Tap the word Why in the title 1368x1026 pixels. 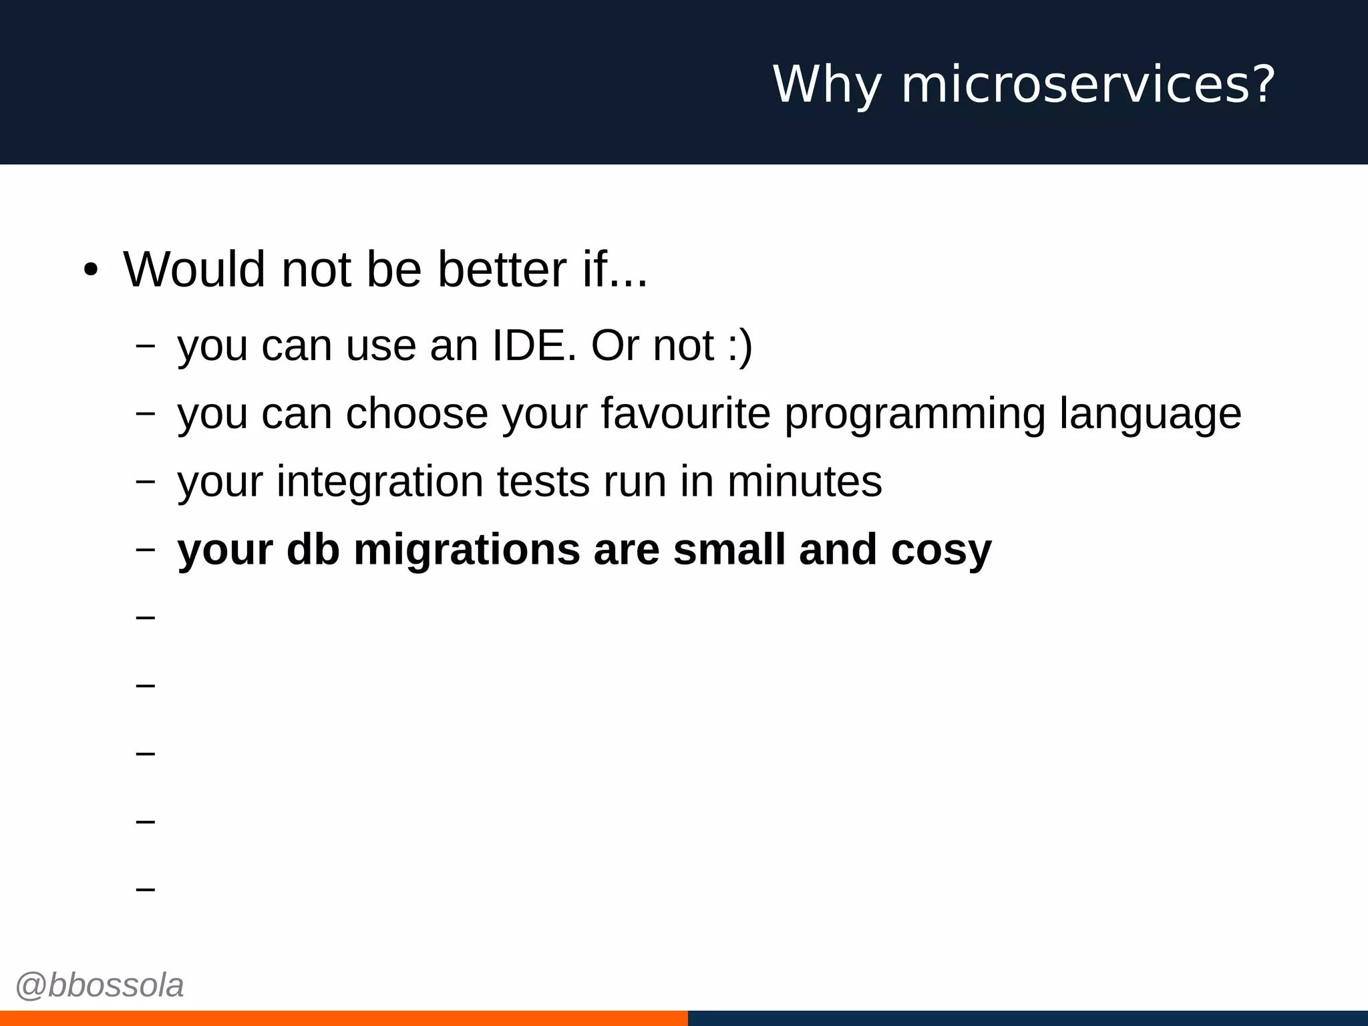(827, 85)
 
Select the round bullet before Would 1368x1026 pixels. (91, 271)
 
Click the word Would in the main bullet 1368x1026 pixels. (194, 269)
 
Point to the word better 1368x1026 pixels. (502, 269)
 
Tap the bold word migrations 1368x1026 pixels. (466, 550)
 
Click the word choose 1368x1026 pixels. (417, 413)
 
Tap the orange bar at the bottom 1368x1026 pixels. (343, 1018)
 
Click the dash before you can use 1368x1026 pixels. (145, 346)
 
